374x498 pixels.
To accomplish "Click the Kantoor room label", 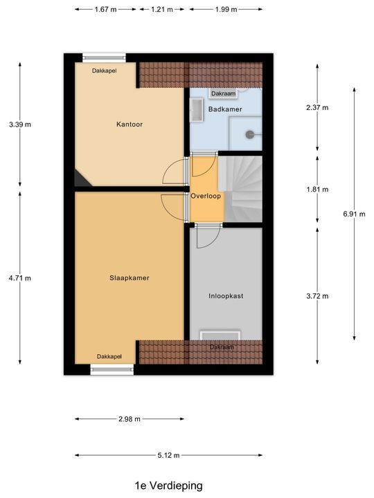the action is tap(130, 124).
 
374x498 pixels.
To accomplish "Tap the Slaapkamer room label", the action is tap(130, 278).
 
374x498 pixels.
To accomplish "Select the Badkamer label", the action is tap(225, 109).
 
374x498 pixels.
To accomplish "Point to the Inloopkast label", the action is tap(226, 296).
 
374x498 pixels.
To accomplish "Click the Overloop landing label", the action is tap(206, 196).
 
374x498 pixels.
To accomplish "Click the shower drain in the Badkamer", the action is tap(250, 135).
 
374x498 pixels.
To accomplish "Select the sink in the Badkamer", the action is tap(197, 110).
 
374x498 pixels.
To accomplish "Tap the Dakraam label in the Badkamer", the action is tap(224, 93).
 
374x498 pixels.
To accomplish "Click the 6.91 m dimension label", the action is tap(354, 214).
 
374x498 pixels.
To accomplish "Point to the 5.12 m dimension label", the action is tap(168, 455).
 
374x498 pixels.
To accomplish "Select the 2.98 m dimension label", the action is tap(130, 419).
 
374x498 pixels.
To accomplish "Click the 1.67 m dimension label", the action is tap(105, 10).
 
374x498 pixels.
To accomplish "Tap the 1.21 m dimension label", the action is tap(162, 10).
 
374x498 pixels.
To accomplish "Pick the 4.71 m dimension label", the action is tap(20, 278).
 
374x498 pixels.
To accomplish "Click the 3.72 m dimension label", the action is tap(317, 296).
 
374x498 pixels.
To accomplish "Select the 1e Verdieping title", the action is tap(169, 486).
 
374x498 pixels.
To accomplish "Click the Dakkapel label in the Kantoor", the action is tap(105, 71).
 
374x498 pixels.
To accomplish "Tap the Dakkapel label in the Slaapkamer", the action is tap(109, 357).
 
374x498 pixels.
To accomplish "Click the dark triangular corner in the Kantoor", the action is tap(80, 179).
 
